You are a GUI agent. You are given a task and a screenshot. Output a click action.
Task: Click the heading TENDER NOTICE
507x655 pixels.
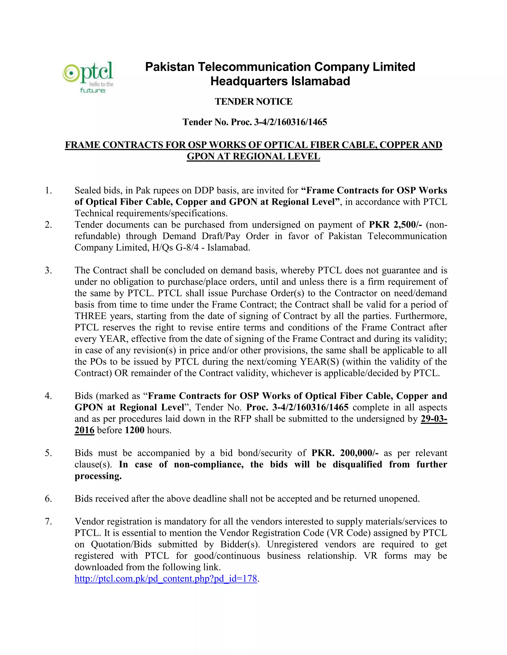pos(253,102)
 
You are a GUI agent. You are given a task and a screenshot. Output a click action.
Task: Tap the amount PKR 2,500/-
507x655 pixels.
pos(395,225)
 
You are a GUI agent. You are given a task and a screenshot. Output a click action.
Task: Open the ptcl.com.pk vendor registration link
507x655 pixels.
pos(166,579)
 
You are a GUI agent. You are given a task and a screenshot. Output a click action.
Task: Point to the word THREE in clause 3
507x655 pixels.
pos(90,316)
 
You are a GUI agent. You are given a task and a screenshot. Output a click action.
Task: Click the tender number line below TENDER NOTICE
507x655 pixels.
pos(255,122)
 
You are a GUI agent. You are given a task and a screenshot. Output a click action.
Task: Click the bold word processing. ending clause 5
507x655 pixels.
pos(98,476)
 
